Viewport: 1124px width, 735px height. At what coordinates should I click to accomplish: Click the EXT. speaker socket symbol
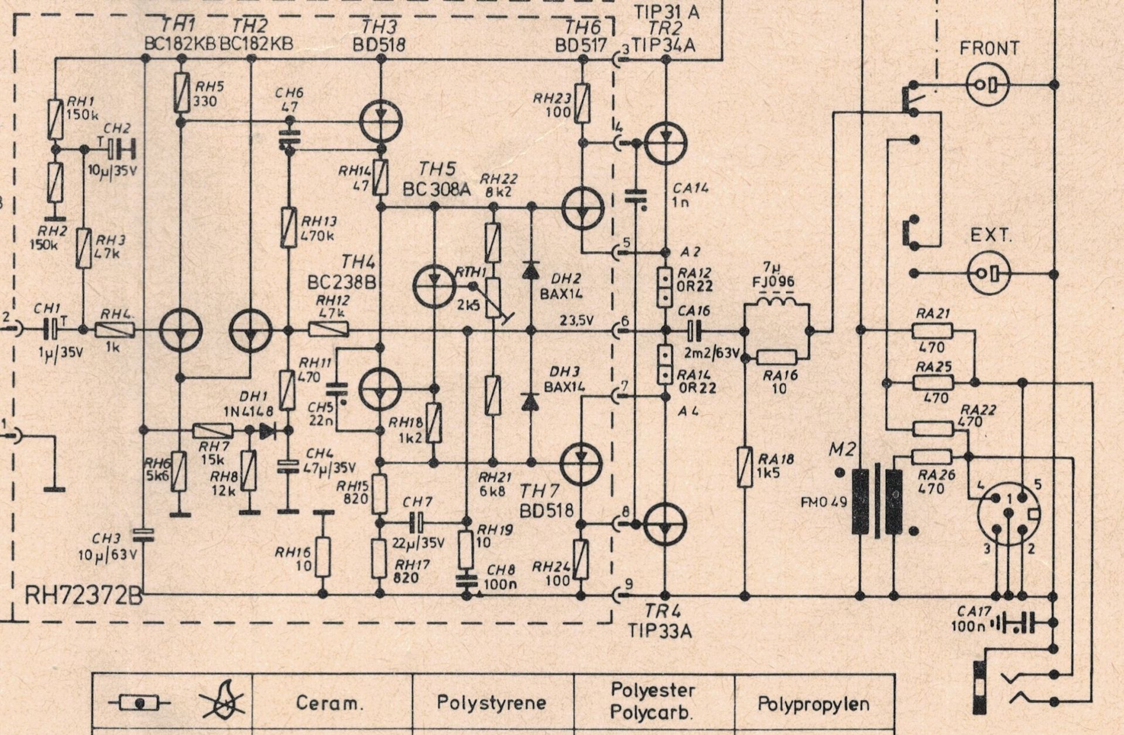(989, 273)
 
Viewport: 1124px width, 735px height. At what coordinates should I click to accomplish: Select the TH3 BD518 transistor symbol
(381, 122)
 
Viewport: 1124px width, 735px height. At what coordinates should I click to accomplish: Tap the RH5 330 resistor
(181, 93)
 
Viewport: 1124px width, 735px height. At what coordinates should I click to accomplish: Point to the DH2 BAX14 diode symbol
(530, 270)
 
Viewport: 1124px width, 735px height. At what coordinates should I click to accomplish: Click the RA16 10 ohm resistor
(776, 357)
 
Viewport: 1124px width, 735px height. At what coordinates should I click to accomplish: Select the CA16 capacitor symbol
(694, 330)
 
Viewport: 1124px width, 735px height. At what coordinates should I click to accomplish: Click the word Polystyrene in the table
(492, 702)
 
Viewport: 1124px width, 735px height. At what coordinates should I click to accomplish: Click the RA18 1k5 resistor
(745, 467)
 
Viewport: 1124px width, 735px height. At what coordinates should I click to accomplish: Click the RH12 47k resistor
(328, 330)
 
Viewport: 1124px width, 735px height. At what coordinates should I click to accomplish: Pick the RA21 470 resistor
(933, 331)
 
